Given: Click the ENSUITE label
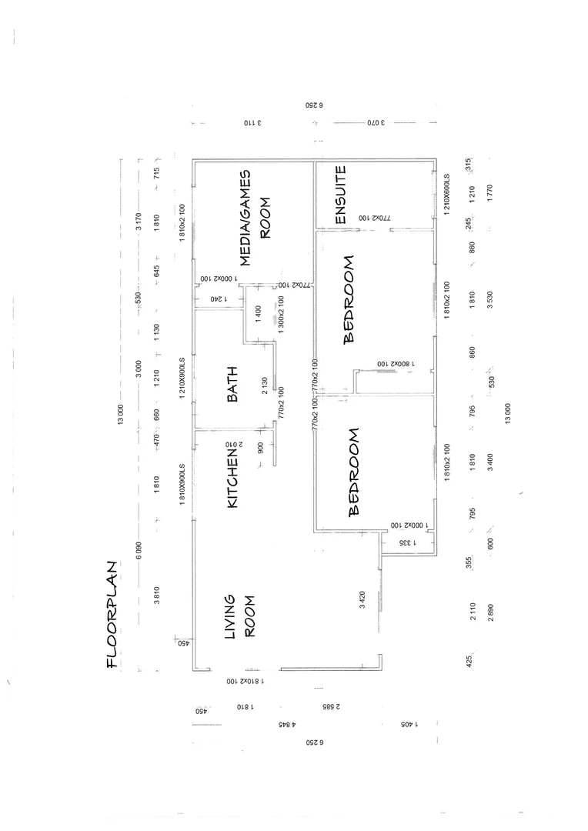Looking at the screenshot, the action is pos(342,195).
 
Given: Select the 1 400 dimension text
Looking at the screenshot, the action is pos(258,314).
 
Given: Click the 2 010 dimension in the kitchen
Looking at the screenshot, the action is pos(234,445).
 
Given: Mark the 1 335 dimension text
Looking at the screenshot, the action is pos(406,542).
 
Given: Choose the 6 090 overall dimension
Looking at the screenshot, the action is pos(139,552).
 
